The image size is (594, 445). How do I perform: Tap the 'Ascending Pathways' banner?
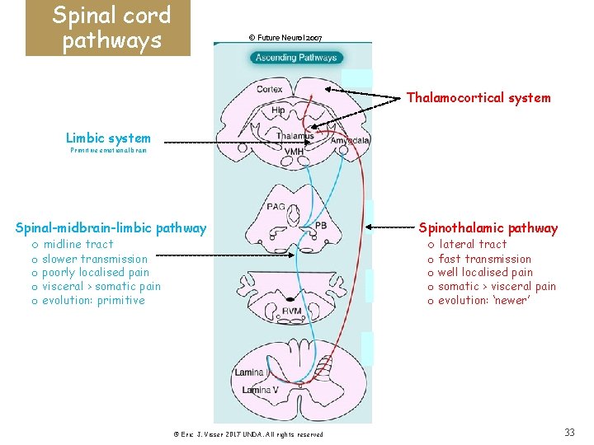pos(295,58)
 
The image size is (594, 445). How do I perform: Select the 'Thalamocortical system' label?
pos(478,98)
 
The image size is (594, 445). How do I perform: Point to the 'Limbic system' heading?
pos(108,138)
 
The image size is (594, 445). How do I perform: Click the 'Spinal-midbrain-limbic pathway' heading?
pos(111,228)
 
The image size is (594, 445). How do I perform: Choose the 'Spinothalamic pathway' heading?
pos(488,228)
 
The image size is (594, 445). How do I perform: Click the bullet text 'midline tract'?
pos(78,244)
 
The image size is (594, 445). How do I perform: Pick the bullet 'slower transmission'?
pos(95,259)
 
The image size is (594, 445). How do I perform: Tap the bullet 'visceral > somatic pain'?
pos(101,286)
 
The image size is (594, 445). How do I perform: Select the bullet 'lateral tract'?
pos(473,244)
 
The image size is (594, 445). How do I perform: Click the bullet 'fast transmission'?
pos(485,259)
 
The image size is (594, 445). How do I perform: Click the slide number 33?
pos(569,433)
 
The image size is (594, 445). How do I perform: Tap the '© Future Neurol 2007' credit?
pos(285,38)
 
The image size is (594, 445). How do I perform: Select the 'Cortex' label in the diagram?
pos(269,89)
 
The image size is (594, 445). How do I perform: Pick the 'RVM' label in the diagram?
pos(291,309)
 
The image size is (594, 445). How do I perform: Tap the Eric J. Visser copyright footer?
pos(248,434)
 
